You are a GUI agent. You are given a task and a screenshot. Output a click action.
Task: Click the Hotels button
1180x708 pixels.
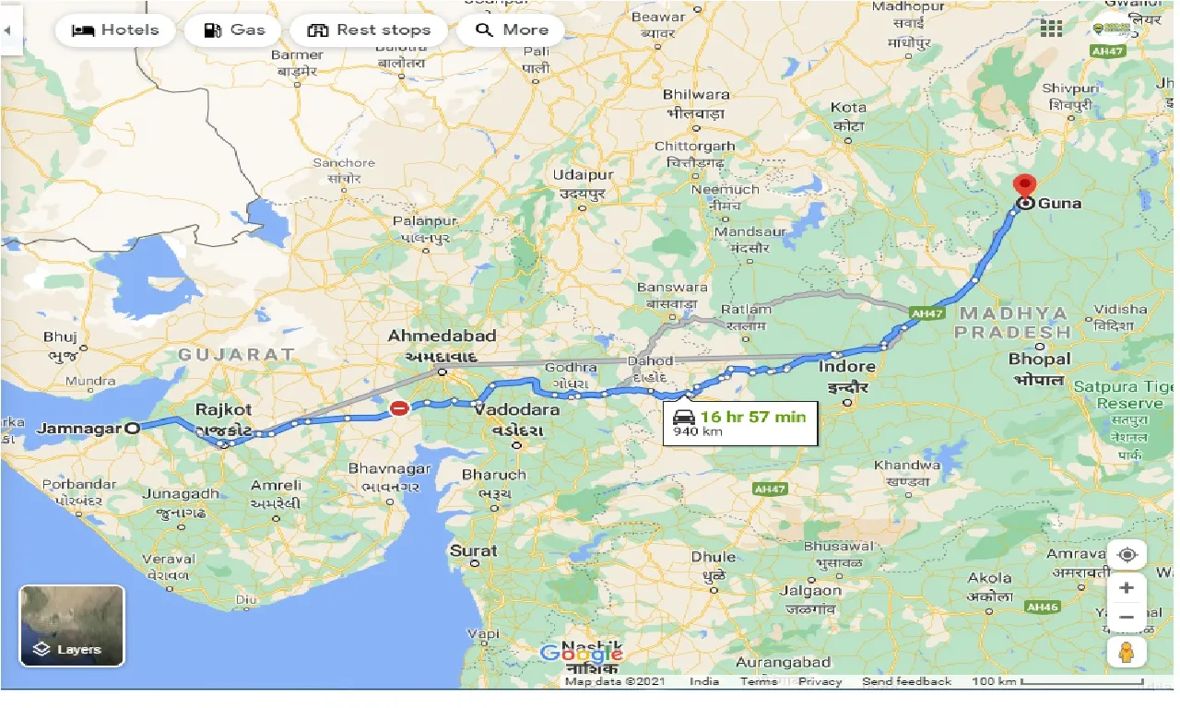point(115,30)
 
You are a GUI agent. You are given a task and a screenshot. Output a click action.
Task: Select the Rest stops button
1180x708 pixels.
point(369,30)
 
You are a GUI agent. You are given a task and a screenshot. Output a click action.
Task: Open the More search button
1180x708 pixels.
point(513,30)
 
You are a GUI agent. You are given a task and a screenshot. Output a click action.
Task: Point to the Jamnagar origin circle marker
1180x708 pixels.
point(133,428)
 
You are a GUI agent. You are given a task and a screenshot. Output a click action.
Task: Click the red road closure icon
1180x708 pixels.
point(399,407)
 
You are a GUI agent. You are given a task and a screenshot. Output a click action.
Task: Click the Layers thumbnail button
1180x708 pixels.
point(72,625)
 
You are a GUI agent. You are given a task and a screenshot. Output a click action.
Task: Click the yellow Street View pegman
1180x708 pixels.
point(1127,652)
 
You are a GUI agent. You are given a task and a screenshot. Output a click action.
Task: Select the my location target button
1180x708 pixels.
point(1127,555)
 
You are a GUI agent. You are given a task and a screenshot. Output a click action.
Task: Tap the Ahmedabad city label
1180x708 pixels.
point(442,336)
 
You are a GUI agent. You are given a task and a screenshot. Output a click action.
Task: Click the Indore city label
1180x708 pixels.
point(846,367)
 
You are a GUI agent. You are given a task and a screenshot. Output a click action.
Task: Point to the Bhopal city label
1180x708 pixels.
point(1039,359)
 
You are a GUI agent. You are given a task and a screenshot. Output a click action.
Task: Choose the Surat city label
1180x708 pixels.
point(473,550)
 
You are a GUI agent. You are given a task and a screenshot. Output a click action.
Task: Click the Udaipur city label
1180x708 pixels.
point(583,175)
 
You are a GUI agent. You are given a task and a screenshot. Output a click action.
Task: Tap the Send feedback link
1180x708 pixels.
point(906,681)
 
